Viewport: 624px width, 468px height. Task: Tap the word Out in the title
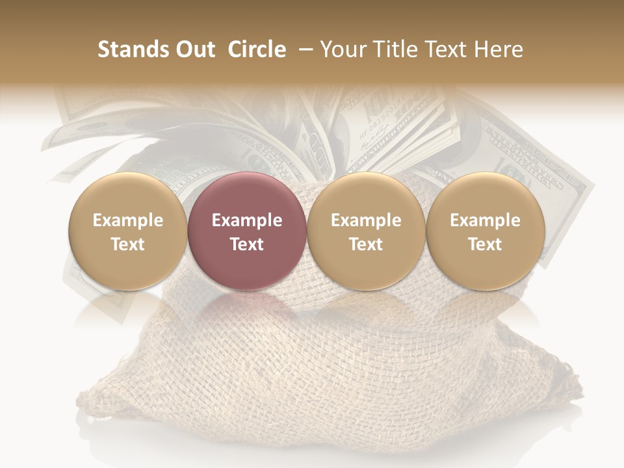[193, 49]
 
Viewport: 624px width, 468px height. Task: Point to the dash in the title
[303, 49]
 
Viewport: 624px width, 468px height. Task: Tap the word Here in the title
[499, 49]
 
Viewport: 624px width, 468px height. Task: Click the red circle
[247, 231]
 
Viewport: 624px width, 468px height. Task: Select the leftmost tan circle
[128, 231]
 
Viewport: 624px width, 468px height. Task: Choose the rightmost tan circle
[485, 231]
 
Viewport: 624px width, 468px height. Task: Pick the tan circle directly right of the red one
[366, 231]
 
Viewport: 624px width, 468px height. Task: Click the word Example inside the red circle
[247, 220]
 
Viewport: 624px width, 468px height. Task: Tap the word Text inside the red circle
[247, 244]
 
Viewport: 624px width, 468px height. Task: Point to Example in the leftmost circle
[128, 220]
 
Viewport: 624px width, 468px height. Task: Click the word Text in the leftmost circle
[128, 244]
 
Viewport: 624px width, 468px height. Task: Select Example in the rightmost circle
[485, 220]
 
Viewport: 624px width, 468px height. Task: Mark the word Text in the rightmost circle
[485, 244]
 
